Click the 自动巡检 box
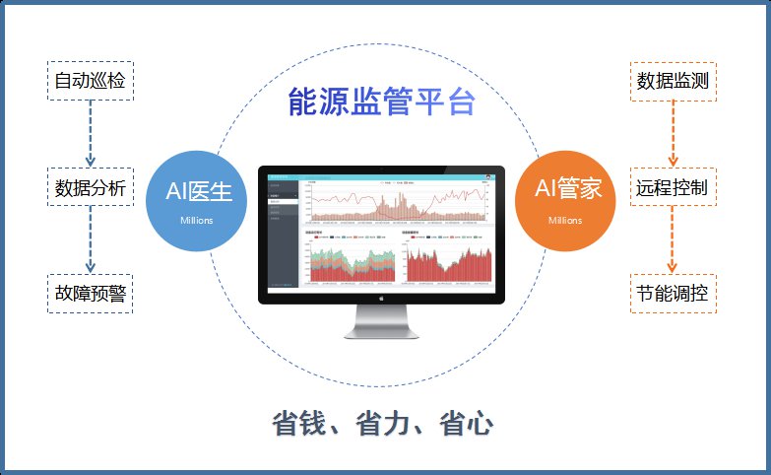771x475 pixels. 91,80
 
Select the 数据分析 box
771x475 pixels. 91,186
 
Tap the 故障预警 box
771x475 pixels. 91,293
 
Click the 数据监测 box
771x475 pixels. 674,80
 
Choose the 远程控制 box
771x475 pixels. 674,186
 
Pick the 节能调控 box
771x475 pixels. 674,293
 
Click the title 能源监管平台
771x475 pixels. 382,102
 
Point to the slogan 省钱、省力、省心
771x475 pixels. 382,424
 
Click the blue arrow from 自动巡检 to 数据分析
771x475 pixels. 91,133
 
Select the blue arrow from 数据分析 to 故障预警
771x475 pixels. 91,239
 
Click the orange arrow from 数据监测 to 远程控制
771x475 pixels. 674,133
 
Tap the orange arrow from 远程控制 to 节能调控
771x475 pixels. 674,239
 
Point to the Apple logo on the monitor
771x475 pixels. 382,297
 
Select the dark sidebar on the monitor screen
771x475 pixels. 284,233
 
